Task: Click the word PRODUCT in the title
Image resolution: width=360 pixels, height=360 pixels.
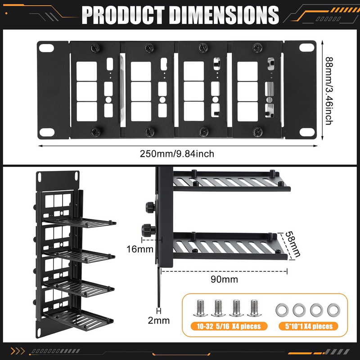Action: pos(123,15)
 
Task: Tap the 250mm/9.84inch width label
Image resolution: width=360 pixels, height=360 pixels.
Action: pos(177,154)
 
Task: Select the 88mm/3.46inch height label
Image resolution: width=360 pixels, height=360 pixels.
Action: pos(329,91)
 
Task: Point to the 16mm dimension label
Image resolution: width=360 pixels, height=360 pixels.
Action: pos(140,249)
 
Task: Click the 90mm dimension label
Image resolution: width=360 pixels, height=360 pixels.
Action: pos(224,279)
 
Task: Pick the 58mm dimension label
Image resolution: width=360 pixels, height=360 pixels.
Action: pos(292,244)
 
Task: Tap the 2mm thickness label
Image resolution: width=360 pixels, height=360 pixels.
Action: pos(159,320)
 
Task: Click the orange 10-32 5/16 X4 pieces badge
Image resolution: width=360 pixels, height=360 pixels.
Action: pos(229,326)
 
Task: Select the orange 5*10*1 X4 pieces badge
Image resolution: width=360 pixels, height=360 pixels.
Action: pos(309,326)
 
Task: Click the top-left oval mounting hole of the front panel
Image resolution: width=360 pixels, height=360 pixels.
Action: pos(46,48)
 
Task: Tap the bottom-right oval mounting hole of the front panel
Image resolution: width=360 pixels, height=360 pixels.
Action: pos(307,132)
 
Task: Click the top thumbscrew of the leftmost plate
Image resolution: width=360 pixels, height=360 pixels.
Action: pos(95,48)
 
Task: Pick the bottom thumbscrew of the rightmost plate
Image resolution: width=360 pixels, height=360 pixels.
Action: pos(257,132)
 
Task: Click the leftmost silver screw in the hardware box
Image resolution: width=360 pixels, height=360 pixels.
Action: pos(200,308)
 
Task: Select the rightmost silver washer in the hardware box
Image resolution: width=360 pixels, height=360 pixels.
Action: pos(333,310)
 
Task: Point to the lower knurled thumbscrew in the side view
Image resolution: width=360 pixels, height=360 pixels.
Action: pos(148,230)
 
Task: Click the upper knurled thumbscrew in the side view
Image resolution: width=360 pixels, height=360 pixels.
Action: pos(150,207)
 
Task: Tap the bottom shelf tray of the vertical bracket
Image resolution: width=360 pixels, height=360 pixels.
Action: pos(78,320)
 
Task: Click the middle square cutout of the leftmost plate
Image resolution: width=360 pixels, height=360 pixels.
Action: pos(86,91)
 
